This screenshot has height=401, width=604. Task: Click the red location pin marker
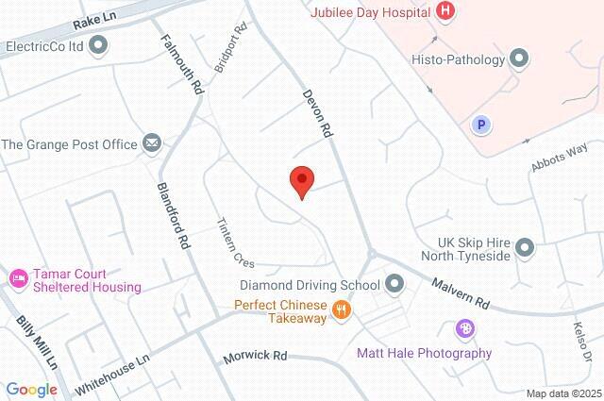point(301,180)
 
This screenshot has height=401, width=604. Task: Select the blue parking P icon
point(479,124)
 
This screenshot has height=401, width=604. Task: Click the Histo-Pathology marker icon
point(518,59)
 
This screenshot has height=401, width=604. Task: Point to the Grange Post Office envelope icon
point(152,143)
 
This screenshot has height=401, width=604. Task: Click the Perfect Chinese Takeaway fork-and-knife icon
point(342,308)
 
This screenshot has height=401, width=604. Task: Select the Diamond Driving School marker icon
point(394,283)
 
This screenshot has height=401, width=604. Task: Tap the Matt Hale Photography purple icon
point(464,329)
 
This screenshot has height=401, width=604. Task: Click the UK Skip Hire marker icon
point(526,248)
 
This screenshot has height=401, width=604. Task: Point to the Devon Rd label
point(317,116)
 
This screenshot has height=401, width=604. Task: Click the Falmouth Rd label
point(182,64)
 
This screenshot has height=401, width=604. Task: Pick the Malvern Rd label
point(461,292)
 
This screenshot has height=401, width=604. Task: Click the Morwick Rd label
point(254,357)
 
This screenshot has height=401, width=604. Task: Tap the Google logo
point(31,390)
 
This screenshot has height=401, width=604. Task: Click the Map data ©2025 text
point(562,393)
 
